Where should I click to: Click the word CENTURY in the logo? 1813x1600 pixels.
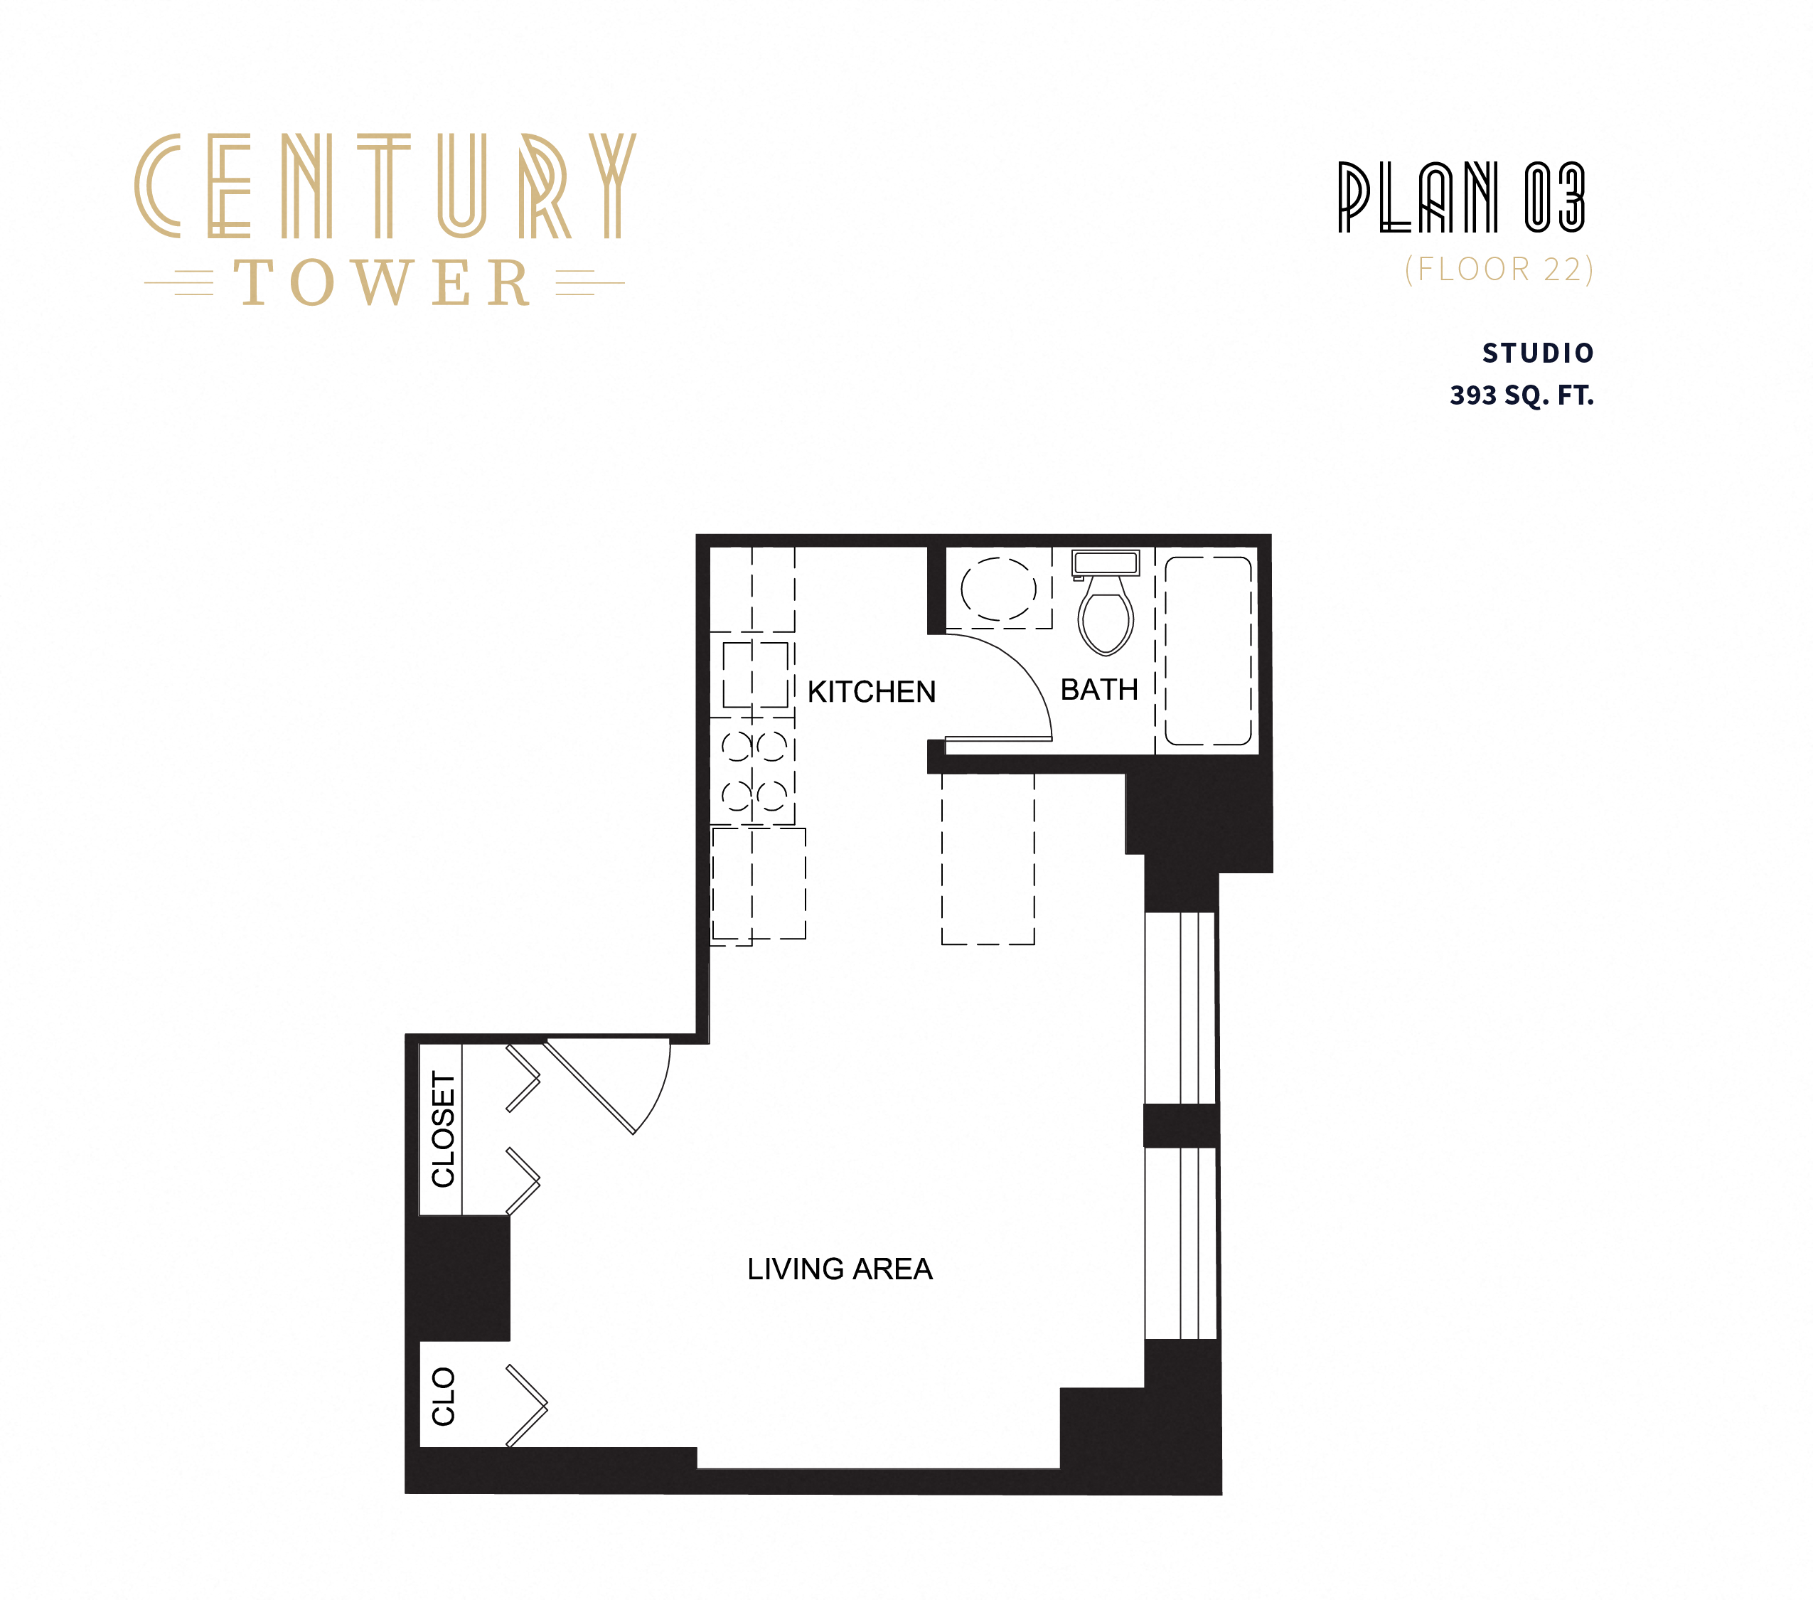(x=385, y=186)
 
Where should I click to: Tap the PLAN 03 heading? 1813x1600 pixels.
(x=1461, y=197)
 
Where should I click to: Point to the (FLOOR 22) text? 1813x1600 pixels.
(x=1499, y=269)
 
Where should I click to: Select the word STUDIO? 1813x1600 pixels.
(x=1538, y=353)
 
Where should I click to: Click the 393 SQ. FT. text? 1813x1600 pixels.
(x=1521, y=395)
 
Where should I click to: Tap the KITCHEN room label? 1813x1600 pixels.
(x=871, y=692)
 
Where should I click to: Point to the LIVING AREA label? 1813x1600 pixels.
(x=839, y=1269)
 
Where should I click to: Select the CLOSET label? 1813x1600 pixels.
(x=443, y=1129)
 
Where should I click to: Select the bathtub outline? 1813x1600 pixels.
(x=1207, y=650)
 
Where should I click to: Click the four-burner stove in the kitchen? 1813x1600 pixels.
(x=753, y=771)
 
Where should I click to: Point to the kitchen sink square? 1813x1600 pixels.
(x=755, y=675)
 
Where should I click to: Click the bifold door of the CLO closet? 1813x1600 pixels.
(x=527, y=1406)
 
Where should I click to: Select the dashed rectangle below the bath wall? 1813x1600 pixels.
(x=988, y=858)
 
